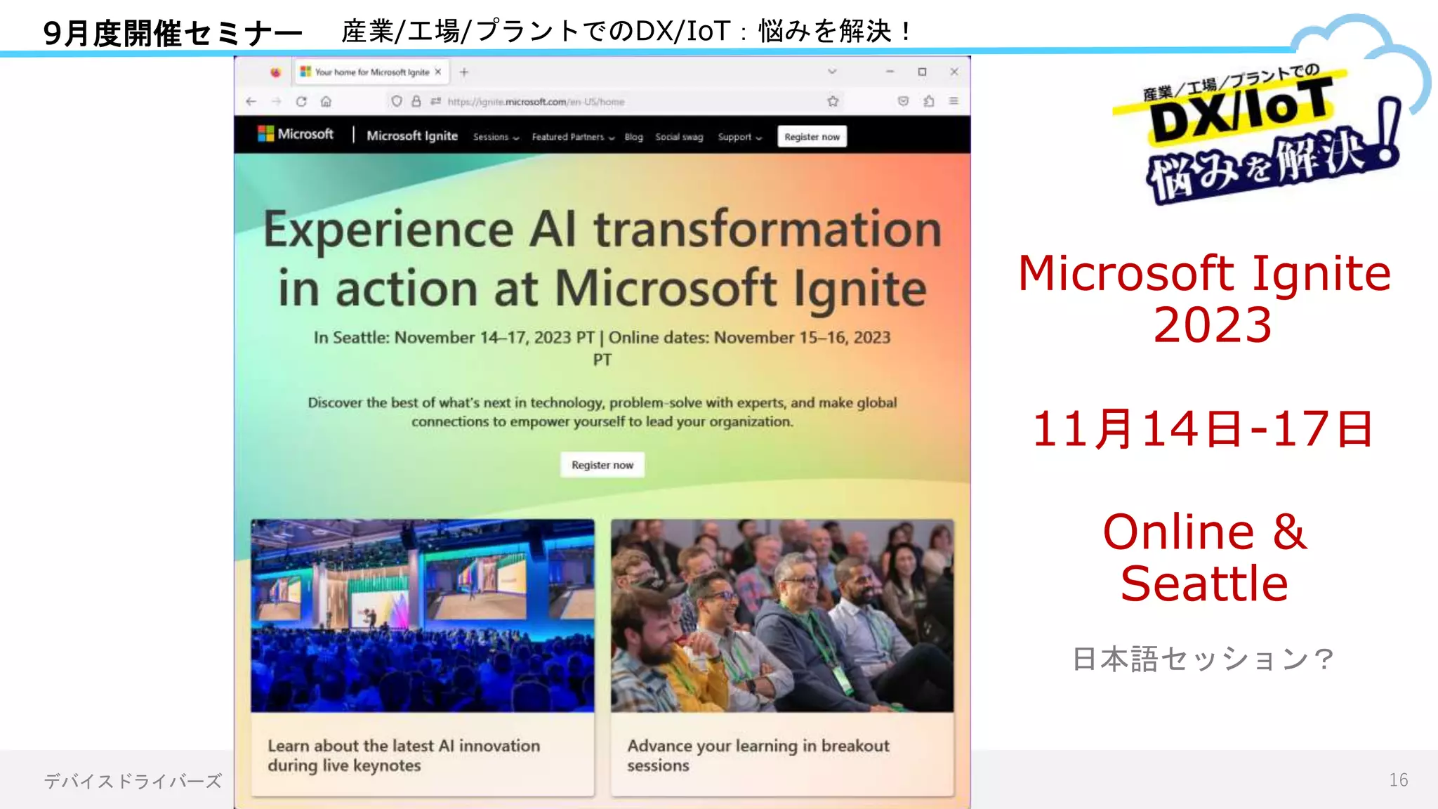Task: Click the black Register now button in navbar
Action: [x=812, y=136]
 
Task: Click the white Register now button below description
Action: [x=602, y=465]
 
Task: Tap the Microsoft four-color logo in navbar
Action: [x=265, y=133]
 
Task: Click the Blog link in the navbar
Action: [x=633, y=137]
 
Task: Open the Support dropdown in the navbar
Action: [x=739, y=137]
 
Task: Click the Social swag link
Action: [x=679, y=137]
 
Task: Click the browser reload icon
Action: [x=301, y=101]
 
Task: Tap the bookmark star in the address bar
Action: [x=833, y=101]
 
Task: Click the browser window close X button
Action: [x=954, y=72]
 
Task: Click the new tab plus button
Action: [x=463, y=72]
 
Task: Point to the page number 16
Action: [x=1398, y=780]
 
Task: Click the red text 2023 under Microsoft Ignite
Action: [x=1212, y=325]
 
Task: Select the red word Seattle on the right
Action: [x=1204, y=584]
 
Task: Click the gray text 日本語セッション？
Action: [x=1203, y=659]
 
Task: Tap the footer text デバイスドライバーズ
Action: [x=133, y=781]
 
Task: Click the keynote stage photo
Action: [x=422, y=616]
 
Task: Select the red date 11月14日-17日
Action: [x=1203, y=429]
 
